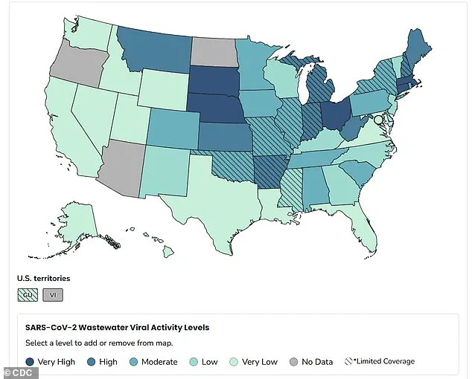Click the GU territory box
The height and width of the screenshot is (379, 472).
tap(28, 295)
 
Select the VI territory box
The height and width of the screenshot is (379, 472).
tap(53, 295)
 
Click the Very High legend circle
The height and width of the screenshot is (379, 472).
tap(30, 362)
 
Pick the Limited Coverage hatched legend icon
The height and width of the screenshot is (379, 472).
tap(348, 362)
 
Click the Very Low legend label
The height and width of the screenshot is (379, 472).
tap(260, 362)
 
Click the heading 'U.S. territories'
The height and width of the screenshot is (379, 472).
tap(43, 278)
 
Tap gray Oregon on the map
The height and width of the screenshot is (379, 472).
tap(73, 62)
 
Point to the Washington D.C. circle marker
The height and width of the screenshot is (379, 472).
tap(378, 120)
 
